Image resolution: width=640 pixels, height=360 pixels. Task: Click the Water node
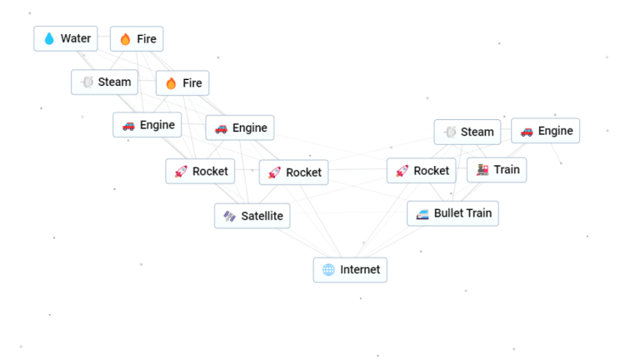click(66, 38)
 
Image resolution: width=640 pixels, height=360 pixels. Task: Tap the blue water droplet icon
click(49, 39)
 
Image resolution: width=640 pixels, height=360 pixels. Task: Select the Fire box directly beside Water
click(137, 38)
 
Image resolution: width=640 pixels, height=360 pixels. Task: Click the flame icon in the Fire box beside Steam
click(171, 83)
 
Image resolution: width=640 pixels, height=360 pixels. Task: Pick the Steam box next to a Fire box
click(104, 82)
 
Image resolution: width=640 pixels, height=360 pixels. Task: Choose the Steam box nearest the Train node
click(467, 132)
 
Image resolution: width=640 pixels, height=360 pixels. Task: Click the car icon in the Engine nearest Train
click(527, 131)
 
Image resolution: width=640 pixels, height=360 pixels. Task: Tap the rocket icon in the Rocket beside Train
click(402, 171)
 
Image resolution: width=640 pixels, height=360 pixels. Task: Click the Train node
click(497, 169)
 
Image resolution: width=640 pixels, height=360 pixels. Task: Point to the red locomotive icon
click(482, 170)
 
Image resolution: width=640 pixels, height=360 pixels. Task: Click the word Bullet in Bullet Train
click(450, 213)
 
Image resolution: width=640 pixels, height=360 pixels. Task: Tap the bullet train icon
click(422, 214)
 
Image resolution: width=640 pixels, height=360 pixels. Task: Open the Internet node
click(350, 269)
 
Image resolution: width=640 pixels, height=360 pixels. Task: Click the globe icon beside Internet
click(328, 270)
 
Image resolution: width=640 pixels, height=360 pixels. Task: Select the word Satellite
click(262, 217)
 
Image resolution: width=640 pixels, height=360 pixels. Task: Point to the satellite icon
click(229, 217)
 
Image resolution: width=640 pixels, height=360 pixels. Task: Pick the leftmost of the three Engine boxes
click(147, 125)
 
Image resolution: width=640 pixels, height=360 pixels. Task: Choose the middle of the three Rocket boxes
click(293, 172)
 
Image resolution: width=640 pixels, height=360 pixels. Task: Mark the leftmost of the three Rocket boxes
click(200, 172)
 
